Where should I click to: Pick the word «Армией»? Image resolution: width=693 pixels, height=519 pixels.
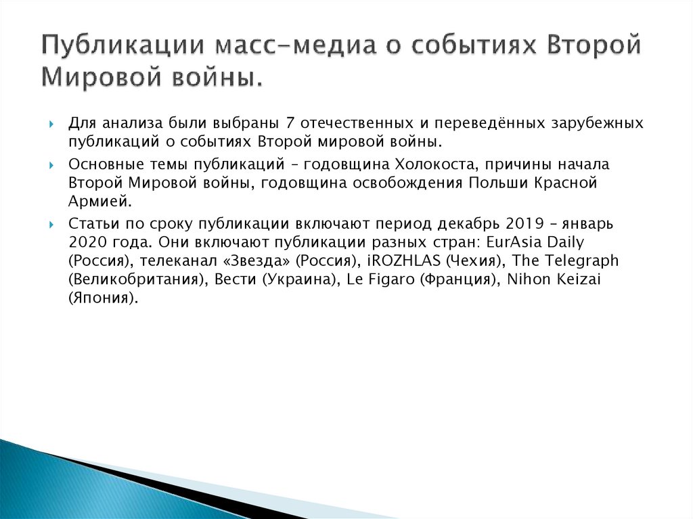click(97, 201)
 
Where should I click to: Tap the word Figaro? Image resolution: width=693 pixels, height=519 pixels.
click(390, 279)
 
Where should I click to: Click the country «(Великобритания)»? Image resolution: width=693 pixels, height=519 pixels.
click(137, 279)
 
